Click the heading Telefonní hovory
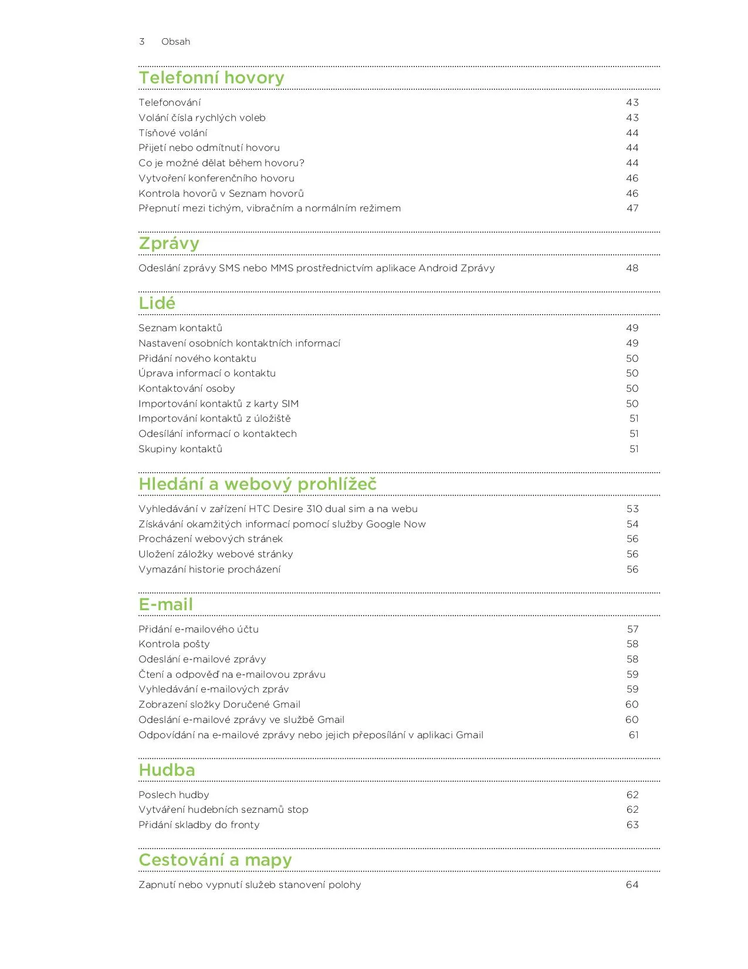[x=211, y=78]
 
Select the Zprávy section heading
[x=169, y=244]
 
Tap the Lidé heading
[x=157, y=304]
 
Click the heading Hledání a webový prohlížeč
[x=258, y=484]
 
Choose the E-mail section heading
[x=165, y=605]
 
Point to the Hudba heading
[x=167, y=771]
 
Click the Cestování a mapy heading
[x=215, y=860]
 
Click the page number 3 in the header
[x=141, y=42]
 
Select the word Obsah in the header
[x=175, y=42]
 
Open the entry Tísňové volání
[x=172, y=133]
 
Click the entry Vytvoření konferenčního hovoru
[x=216, y=179]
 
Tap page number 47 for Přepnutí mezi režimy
[x=632, y=208]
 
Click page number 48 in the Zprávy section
[x=632, y=268]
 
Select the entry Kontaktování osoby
[x=187, y=389]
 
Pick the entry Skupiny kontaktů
[x=180, y=449]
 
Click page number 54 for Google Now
[x=632, y=524]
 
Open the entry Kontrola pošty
[x=174, y=644]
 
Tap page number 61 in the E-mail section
[x=633, y=735]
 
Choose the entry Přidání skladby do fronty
[x=199, y=825]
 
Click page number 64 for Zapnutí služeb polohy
[x=632, y=885]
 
